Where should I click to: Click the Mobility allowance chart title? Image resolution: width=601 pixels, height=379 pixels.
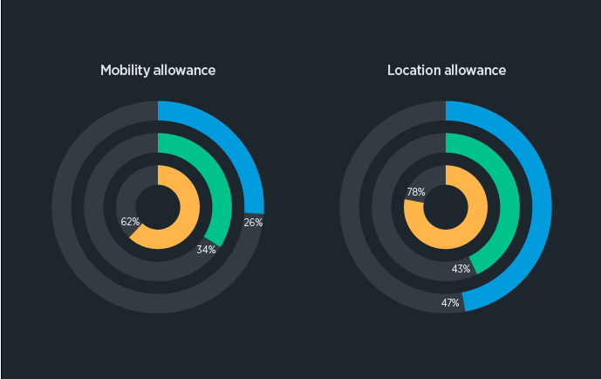(x=158, y=70)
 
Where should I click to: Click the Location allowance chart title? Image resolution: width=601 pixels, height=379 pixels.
(x=447, y=70)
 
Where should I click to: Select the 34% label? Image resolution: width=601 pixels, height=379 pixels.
(x=206, y=249)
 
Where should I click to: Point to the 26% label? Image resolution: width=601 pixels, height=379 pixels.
(x=253, y=222)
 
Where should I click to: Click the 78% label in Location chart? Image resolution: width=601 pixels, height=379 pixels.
(x=416, y=191)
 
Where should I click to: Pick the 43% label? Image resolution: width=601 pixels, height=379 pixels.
(x=461, y=268)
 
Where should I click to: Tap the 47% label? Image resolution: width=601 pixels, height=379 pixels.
(x=450, y=303)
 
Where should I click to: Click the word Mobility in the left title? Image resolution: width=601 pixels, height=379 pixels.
(x=126, y=70)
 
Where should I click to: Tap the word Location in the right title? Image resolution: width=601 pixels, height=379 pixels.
(x=414, y=70)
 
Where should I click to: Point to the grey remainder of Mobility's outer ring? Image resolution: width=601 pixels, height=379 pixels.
(x=79, y=262)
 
